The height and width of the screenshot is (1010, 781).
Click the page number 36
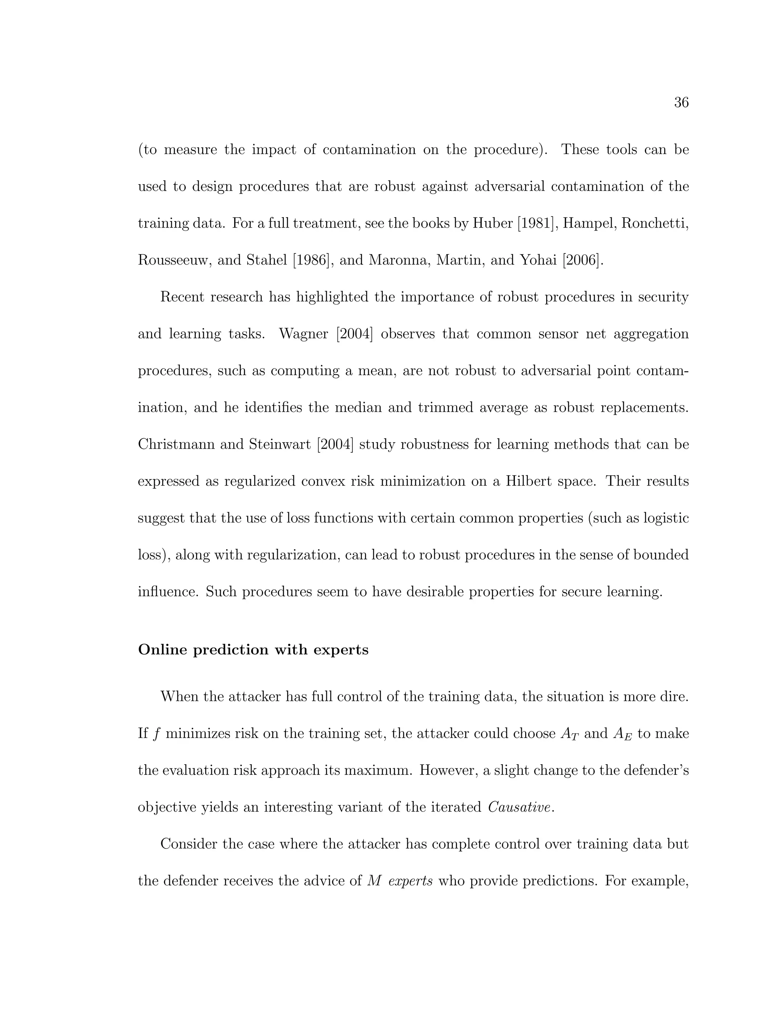point(681,103)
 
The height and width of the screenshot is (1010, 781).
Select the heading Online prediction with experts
point(253,650)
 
